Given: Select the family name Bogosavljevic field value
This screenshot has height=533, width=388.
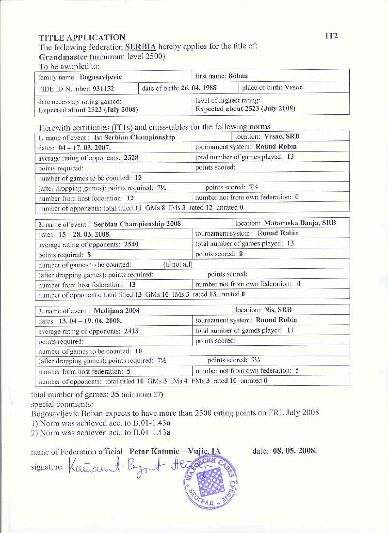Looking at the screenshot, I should [x=101, y=77].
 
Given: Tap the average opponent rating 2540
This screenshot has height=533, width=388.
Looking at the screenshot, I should [x=131, y=244].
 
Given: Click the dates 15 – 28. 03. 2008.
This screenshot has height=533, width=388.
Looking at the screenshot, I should [x=85, y=234].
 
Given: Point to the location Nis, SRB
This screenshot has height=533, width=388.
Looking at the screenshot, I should [x=278, y=310].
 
